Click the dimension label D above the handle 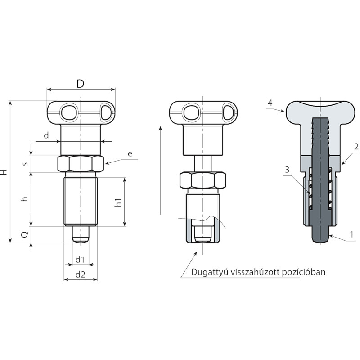[81, 84]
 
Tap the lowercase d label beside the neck [46, 135]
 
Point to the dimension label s [26, 163]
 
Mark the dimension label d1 [80, 260]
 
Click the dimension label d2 [81, 274]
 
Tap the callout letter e [130, 153]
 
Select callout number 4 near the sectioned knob [270, 103]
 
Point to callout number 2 [356, 147]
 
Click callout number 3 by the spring [287, 170]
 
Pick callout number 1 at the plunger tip [351, 234]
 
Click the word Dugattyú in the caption [210, 272]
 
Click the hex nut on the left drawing [81, 164]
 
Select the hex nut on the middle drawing [203, 180]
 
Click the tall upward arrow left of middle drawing [161, 170]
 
